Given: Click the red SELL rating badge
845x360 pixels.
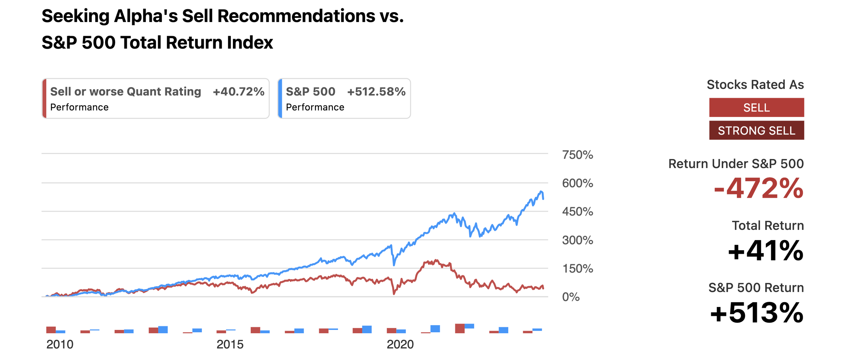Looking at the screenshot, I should pyautogui.click(x=756, y=107).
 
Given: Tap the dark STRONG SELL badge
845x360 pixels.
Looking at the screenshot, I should pyautogui.click(x=756, y=130).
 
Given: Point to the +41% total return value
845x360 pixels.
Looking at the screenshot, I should pyautogui.click(x=766, y=251).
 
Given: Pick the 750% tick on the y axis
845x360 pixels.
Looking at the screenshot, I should pyautogui.click(x=577, y=155).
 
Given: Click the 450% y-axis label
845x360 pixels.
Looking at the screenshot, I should pyautogui.click(x=577, y=212).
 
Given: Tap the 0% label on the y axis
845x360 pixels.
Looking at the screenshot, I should pyautogui.click(x=571, y=297).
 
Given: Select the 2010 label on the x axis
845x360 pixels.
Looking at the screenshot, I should pyautogui.click(x=60, y=344).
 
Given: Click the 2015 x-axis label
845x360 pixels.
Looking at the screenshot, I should pyautogui.click(x=230, y=344).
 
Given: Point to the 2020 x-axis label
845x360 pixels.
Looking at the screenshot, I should pyautogui.click(x=400, y=344).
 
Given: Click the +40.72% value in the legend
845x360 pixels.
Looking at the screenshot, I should pyautogui.click(x=238, y=92).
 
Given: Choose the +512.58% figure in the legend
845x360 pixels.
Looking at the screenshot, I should pyautogui.click(x=376, y=92).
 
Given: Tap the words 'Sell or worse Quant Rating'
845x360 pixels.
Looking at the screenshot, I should pyautogui.click(x=126, y=92).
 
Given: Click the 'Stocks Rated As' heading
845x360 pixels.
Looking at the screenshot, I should pyautogui.click(x=755, y=85).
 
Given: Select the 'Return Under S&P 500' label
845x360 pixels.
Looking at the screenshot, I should pyautogui.click(x=736, y=164).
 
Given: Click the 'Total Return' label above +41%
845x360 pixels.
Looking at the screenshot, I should pyautogui.click(x=768, y=225).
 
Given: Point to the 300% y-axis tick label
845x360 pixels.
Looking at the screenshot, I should pyautogui.click(x=577, y=240).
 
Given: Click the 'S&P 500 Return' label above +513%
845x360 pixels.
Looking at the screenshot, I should pyautogui.click(x=756, y=288).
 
